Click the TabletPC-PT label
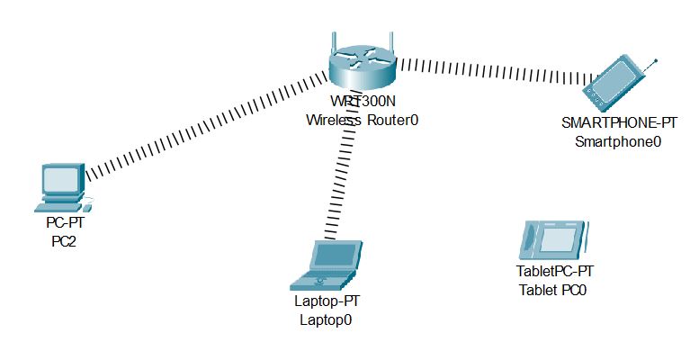555,271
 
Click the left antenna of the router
332,43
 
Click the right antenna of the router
392,43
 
